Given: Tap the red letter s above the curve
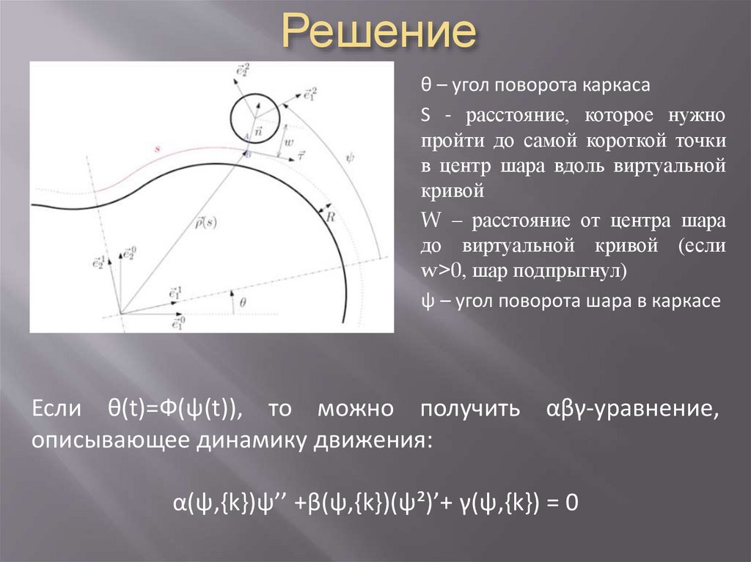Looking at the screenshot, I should point(158,149).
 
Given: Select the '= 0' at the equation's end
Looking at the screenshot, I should point(564,503).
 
